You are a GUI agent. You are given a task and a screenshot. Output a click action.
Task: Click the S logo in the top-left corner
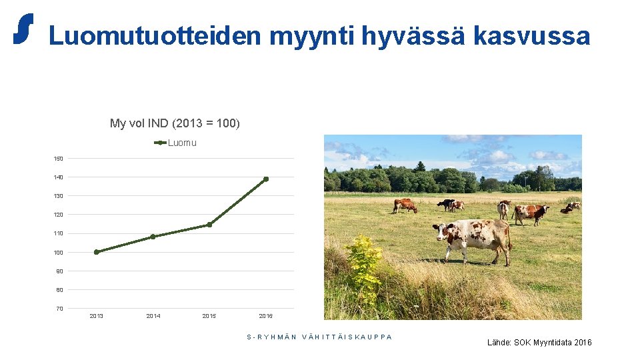pyautogui.click(x=23, y=29)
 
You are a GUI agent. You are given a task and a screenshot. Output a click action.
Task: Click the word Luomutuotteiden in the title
pyautogui.click(x=155, y=36)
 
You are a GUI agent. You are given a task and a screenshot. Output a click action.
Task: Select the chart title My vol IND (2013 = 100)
pyautogui.click(x=175, y=123)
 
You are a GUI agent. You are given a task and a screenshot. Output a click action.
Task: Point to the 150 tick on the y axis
pyautogui.click(x=59, y=159)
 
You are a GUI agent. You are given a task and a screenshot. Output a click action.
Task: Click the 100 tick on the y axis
pyautogui.click(x=59, y=253)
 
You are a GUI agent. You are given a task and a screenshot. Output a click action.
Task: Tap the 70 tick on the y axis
pyautogui.click(x=59, y=309)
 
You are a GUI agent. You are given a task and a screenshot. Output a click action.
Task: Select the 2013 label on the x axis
pyautogui.click(x=97, y=316)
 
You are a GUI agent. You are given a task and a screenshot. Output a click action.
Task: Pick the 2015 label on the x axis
pyautogui.click(x=209, y=316)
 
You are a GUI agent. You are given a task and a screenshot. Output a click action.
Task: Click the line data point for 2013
pyautogui.click(x=97, y=252)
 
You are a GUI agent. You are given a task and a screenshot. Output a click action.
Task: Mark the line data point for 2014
pyautogui.click(x=153, y=237)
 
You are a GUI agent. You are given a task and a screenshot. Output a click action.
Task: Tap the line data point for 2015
pyautogui.click(x=209, y=225)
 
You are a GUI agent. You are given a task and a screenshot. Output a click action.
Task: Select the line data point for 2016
pyautogui.click(x=266, y=179)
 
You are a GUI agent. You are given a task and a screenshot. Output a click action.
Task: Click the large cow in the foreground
pyautogui.click(x=477, y=237)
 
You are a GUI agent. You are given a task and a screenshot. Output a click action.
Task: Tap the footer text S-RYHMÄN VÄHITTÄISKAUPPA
pyautogui.click(x=319, y=337)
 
